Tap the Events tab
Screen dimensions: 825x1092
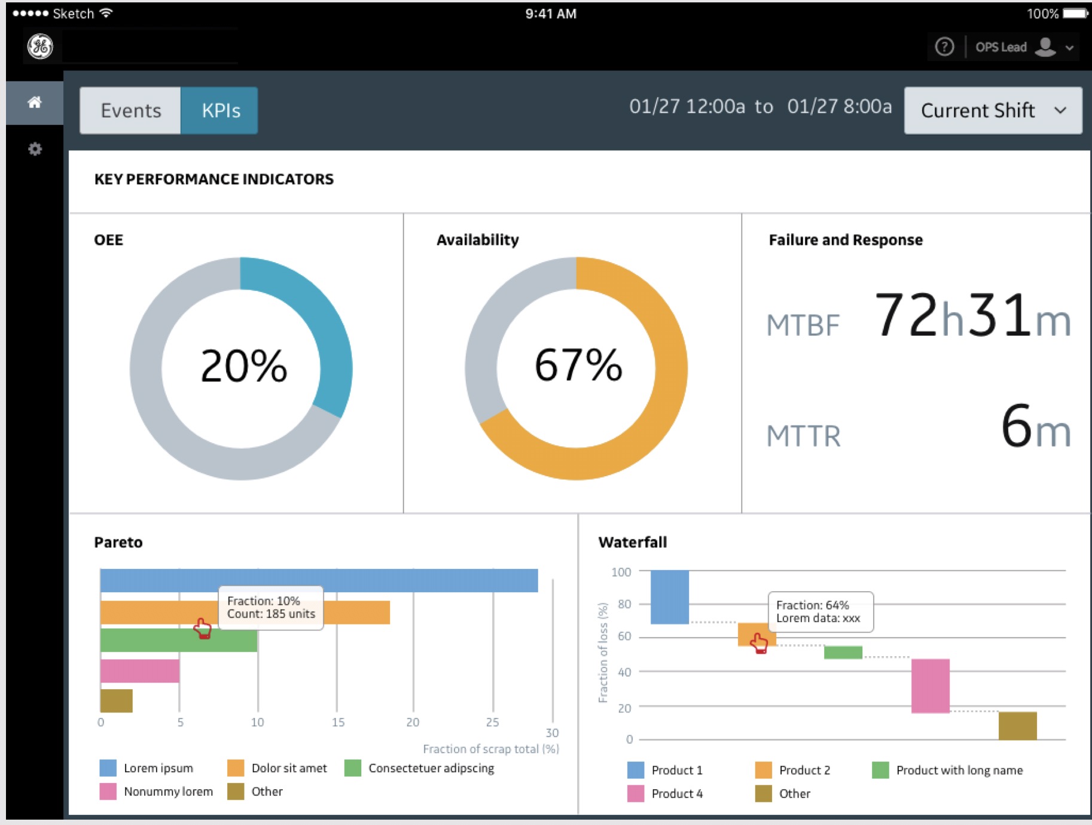pos(130,111)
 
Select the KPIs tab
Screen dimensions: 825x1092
pos(220,111)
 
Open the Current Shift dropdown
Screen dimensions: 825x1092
pos(993,111)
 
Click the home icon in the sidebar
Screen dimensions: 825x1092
pos(35,102)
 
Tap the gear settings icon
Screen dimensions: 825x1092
pos(35,149)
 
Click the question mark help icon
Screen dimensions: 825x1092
pos(944,47)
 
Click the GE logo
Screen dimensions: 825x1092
pos(40,46)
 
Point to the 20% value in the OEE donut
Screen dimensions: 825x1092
pos(243,366)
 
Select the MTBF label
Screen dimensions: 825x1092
pos(803,325)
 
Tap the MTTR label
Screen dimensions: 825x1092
pos(803,436)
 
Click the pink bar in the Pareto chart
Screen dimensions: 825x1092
pos(140,671)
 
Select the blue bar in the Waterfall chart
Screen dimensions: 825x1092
pos(669,597)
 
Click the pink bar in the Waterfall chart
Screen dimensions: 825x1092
pos(930,686)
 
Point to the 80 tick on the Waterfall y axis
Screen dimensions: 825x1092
pos(624,604)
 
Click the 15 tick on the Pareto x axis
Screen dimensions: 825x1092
pos(338,722)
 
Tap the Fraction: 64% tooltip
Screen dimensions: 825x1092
pos(820,611)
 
